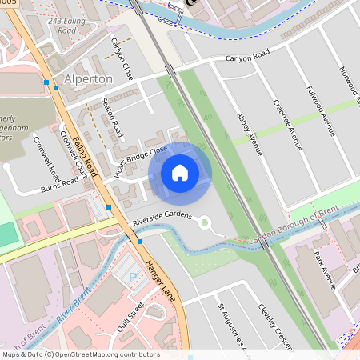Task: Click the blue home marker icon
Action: (x=180, y=173)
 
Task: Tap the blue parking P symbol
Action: (x=132, y=277)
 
